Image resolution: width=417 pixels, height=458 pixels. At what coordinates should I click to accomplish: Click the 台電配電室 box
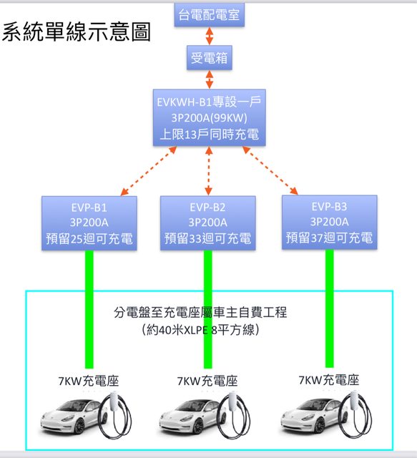209,14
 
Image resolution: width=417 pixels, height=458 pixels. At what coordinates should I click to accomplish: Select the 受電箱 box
210,57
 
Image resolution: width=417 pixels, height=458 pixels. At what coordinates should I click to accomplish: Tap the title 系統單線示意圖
77,31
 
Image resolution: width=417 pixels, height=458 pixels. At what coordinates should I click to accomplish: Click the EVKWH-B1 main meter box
209,117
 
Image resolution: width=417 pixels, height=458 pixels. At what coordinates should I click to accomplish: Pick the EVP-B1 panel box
89,223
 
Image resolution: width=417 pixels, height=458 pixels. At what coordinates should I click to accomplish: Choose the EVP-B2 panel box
207,223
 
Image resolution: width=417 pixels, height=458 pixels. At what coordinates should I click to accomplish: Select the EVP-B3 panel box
330,223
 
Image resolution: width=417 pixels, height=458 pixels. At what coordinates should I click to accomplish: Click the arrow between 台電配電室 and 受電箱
210,36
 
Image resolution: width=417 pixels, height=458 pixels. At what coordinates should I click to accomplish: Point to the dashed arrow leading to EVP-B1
148,171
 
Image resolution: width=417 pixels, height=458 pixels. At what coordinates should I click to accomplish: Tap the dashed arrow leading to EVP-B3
270,170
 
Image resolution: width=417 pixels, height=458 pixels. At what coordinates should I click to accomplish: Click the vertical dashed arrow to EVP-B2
209,170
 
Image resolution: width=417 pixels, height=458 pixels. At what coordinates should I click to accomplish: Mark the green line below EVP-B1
89,309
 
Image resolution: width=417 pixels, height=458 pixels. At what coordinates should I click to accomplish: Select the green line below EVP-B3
330,308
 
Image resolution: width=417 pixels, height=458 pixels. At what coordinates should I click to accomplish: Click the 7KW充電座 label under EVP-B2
207,381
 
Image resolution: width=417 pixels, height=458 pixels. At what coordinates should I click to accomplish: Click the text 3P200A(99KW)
209,117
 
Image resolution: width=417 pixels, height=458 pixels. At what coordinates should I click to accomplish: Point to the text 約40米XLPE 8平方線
200,330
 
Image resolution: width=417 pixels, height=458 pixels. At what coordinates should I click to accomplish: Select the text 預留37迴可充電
330,238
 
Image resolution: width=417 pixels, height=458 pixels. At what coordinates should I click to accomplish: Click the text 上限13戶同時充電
210,135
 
